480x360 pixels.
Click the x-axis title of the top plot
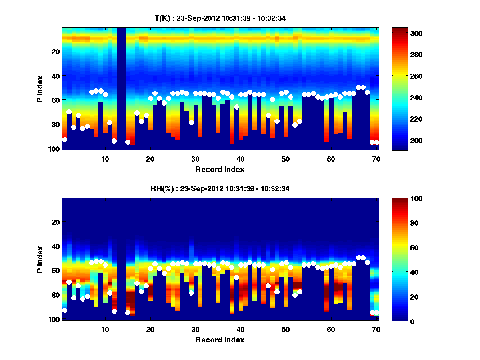[220, 169]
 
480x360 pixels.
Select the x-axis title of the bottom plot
[220, 340]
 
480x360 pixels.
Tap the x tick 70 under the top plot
[376, 159]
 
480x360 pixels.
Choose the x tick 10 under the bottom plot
[105, 329]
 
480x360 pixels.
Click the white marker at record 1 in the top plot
[64, 140]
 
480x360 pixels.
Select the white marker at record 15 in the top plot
[128, 142]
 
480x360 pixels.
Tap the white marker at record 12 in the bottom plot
[114, 311]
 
